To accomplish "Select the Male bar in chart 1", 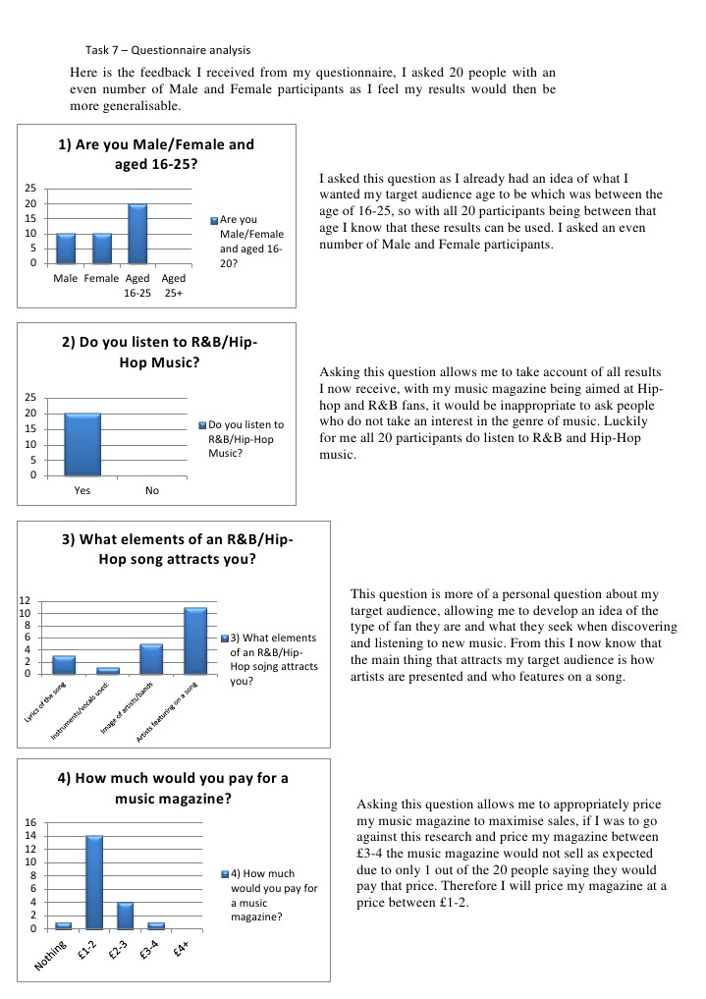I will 66,249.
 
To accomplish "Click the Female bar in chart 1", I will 101,249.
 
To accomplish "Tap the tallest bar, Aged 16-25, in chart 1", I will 136,234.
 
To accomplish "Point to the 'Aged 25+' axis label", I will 173,285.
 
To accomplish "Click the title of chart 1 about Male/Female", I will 156,154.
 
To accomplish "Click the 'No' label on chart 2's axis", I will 152,491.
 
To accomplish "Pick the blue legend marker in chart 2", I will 202,425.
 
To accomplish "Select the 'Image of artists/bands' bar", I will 150,658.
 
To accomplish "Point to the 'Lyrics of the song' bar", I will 64,664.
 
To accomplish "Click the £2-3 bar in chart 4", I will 125,916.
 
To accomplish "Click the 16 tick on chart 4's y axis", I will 29,822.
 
